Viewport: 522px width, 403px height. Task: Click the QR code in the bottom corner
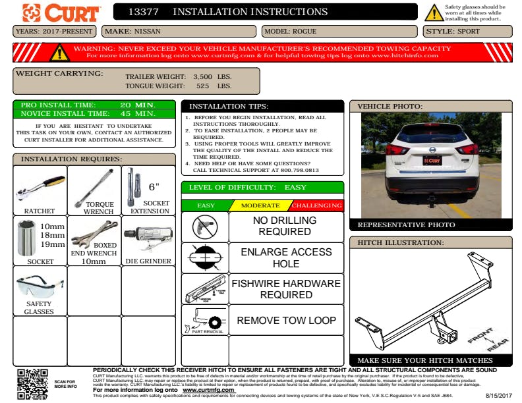tap(32, 383)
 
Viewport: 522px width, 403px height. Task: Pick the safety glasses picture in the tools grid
tap(40, 286)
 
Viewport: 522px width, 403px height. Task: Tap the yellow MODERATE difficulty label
tap(260, 205)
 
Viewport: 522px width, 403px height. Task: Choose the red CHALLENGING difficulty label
tap(317, 205)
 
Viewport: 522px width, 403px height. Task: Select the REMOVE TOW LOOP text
tap(286, 321)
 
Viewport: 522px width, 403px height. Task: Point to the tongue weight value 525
tap(202, 86)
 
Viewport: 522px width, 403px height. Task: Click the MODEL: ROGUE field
tap(339, 31)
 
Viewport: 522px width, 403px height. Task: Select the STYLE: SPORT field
tap(467, 31)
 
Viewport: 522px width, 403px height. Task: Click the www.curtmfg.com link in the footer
tap(208, 390)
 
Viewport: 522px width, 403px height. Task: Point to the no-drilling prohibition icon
tap(204, 227)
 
